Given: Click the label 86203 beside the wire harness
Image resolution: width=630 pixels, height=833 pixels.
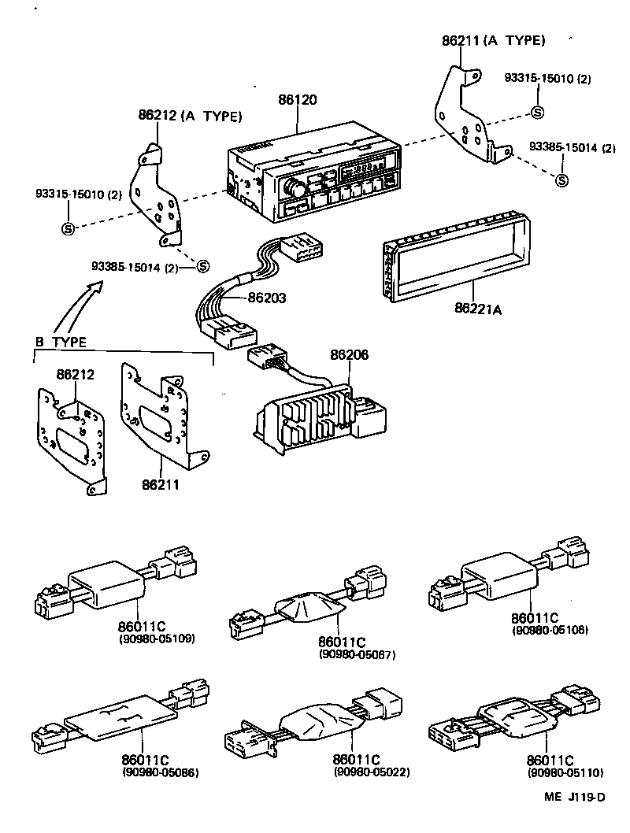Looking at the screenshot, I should coord(267,298).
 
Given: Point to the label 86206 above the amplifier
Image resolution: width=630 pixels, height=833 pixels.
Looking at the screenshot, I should coord(350,357).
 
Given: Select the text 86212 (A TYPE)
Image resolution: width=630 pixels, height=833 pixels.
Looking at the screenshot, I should coord(190,116).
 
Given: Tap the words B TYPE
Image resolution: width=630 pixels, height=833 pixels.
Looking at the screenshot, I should coord(62,342).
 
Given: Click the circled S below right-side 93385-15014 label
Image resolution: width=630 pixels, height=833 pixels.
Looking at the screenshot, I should coord(562,180).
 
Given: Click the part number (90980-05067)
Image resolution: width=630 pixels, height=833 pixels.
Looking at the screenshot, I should coord(357,655).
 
